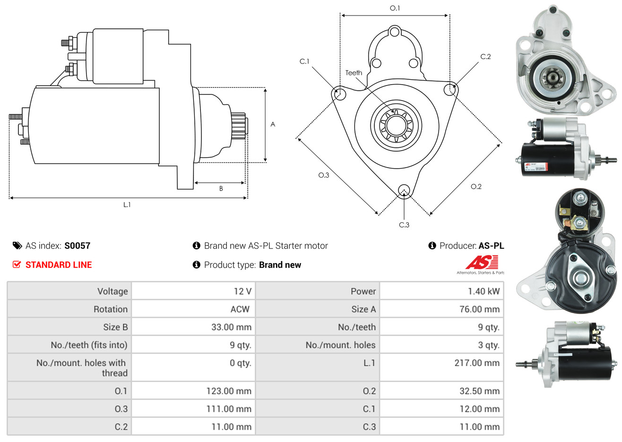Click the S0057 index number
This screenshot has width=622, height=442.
77,246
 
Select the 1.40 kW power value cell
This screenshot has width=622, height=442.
484,291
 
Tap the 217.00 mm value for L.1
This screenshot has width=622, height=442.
476,363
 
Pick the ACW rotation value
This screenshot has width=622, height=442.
240,309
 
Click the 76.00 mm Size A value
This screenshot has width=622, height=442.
479,309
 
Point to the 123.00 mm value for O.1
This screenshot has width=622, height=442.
229,391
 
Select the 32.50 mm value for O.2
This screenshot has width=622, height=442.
479,391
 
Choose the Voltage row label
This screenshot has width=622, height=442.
112,291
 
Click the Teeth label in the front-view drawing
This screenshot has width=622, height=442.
354,73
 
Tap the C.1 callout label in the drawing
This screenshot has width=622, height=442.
304,61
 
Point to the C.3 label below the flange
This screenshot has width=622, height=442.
404,225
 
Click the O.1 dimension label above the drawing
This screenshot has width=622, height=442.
395,8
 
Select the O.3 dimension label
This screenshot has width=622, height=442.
323,175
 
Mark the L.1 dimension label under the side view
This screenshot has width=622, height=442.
127,204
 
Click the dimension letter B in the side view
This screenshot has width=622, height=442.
221,188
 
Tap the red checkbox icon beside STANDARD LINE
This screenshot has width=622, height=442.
17,264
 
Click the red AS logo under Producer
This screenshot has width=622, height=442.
482,263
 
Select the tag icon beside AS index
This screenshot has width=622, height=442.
17,246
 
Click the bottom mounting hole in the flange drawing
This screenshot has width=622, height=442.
404,190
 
